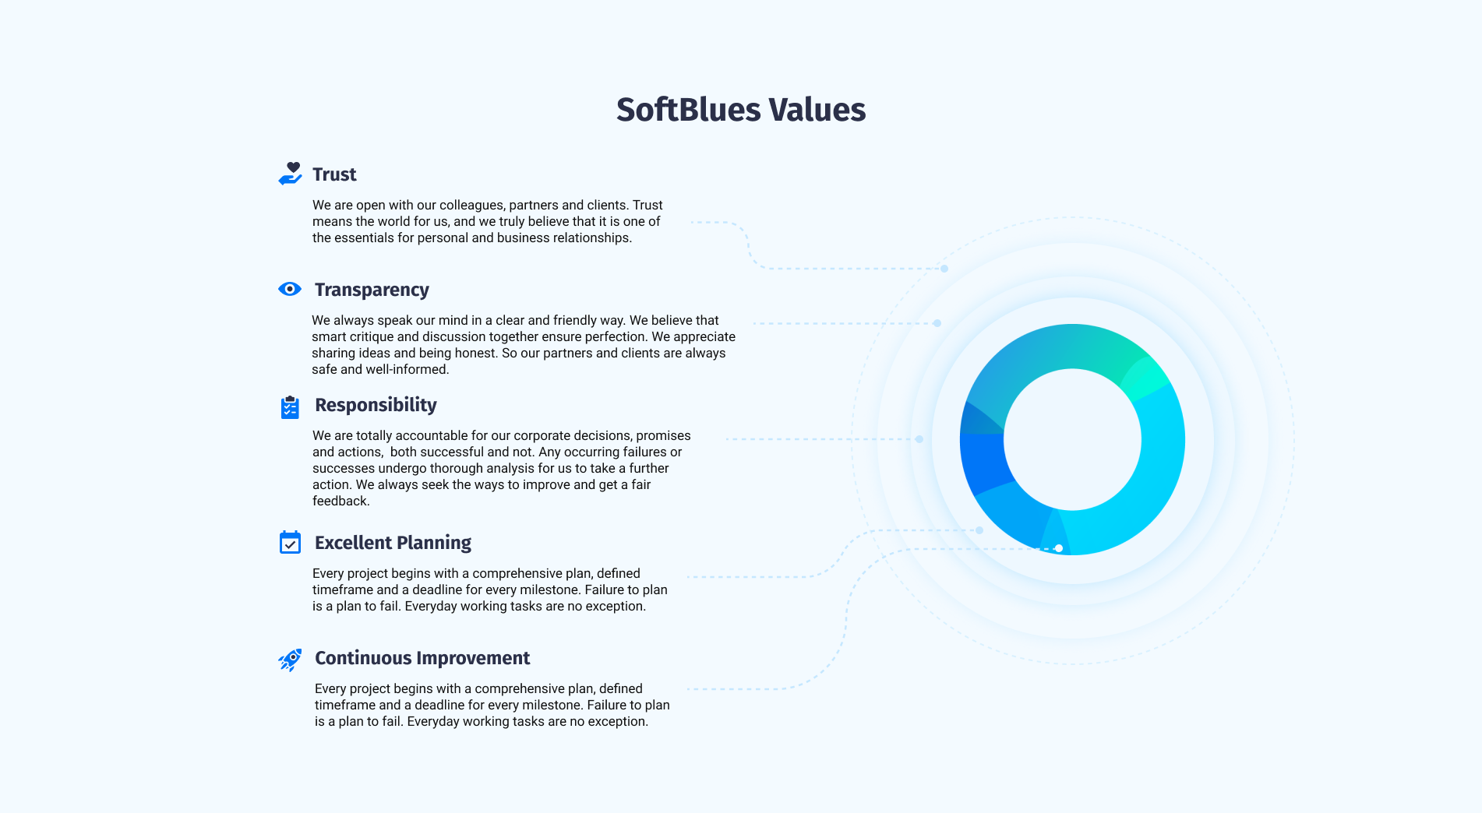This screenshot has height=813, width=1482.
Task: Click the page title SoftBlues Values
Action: point(741,110)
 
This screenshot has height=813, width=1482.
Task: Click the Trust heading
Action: point(334,174)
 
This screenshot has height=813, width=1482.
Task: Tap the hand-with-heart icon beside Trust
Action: point(290,174)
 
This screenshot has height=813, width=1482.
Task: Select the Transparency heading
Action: point(372,290)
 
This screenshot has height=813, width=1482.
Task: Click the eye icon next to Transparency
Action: point(290,289)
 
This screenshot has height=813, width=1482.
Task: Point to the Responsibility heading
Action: point(376,405)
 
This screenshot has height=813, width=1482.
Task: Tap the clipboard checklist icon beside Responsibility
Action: point(290,406)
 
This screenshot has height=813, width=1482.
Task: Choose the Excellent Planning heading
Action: point(393,543)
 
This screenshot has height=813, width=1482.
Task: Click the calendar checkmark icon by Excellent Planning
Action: point(290,542)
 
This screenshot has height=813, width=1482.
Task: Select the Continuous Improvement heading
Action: point(422,658)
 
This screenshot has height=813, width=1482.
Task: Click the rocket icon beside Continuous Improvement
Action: point(290,660)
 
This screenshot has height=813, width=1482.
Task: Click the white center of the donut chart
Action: point(1072,439)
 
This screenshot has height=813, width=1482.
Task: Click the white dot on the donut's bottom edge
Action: point(1059,548)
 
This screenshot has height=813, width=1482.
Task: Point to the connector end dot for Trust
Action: point(944,269)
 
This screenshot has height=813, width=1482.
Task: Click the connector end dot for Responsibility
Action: point(919,439)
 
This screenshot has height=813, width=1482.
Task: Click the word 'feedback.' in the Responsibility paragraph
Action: point(341,501)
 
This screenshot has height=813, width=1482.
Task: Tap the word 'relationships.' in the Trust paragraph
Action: point(592,238)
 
